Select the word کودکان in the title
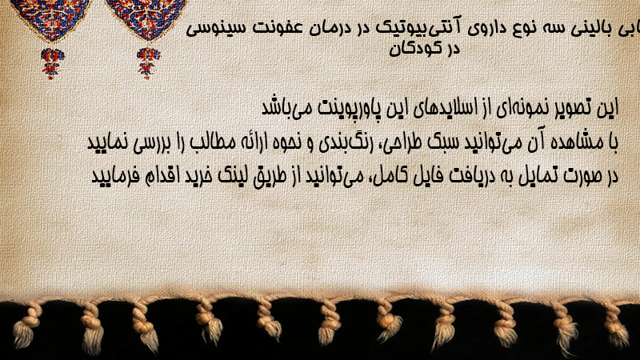pyautogui.click(x=414, y=48)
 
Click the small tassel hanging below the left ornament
pyautogui.click(x=52, y=63)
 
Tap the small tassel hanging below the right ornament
pyautogui.click(x=148, y=63)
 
